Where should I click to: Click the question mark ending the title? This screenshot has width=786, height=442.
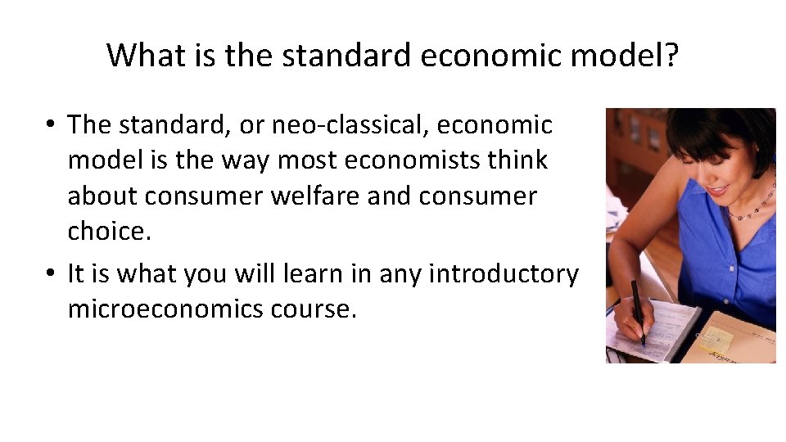click(x=671, y=56)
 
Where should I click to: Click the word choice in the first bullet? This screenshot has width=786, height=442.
click(x=108, y=232)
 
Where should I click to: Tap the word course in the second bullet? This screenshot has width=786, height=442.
click(x=316, y=309)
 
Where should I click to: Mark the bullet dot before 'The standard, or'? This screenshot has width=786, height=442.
click(x=51, y=126)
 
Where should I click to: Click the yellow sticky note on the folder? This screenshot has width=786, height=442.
click(x=714, y=337)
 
